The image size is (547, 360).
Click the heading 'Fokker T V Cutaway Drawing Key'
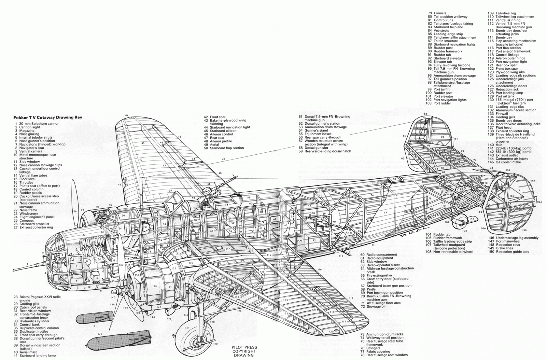(48, 118)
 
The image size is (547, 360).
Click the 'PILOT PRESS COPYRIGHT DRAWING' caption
(244, 351)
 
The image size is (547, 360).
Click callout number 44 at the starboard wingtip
(127, 115)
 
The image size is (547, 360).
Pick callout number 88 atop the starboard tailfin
(425, 114)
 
